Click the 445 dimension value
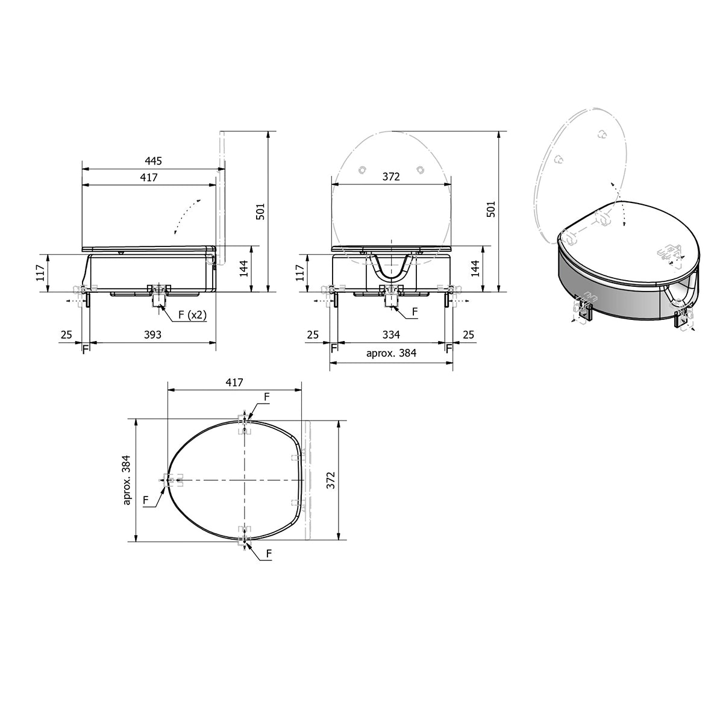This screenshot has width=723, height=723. [153, 161]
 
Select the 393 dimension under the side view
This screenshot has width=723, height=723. [152, 334]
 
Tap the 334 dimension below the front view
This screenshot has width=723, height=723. [391, 334]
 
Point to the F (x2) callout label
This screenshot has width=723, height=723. [192, 315]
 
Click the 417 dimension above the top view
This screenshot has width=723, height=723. [234, 383]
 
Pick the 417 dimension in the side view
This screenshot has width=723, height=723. [149, 177]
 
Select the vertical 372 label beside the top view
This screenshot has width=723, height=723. [331, 480]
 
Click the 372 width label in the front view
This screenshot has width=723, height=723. [391, 177]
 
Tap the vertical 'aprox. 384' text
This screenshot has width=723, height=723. [128, 480]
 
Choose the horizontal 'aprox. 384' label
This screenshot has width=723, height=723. [392, 353]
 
